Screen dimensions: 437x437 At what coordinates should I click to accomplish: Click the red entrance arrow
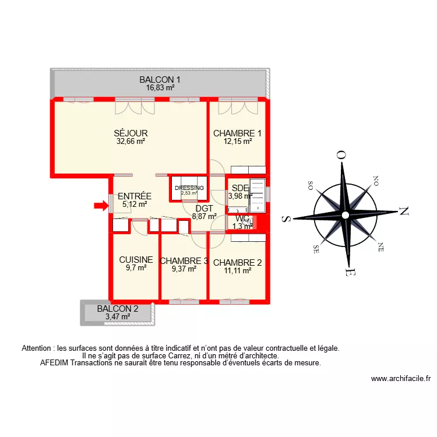click(101, 205)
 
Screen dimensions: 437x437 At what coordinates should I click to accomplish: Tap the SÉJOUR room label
click(131, 133)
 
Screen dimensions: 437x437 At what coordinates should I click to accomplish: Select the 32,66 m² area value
click(131, 141)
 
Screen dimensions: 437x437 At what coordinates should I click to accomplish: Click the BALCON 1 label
click(160, 80)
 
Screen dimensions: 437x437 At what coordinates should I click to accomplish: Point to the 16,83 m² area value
click(160, 88)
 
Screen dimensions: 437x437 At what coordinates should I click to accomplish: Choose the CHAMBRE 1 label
click(237, 133)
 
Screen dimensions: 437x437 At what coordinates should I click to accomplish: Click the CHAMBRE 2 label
click(237, 262)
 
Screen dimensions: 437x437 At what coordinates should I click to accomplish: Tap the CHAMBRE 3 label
click(184, 261)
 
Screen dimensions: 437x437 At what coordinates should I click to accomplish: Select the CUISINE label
click(136, 260)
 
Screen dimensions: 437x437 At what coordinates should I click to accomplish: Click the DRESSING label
click(189, 188)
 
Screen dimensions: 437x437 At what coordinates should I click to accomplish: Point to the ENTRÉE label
click(135, 196)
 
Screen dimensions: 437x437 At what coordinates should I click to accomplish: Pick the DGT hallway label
click(204, 208)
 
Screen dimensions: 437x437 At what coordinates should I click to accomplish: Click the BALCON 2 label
click(118, 309)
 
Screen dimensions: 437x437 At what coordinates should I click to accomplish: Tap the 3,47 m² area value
click(118, 317)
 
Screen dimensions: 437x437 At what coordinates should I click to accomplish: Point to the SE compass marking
click(317, 247)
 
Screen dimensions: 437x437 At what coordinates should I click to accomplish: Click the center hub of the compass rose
click(346, 215)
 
